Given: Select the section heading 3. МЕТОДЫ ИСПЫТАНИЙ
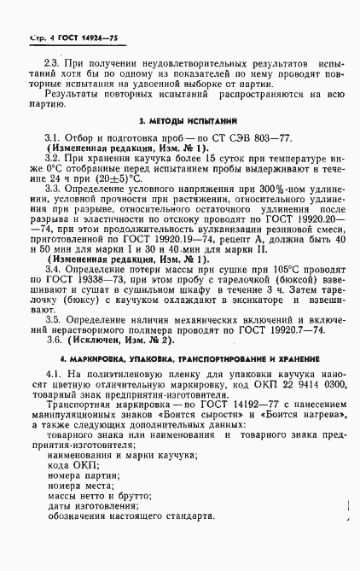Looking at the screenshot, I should click(x=180, y=121).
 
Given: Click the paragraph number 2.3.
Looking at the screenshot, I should click(x=54, y=65).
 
